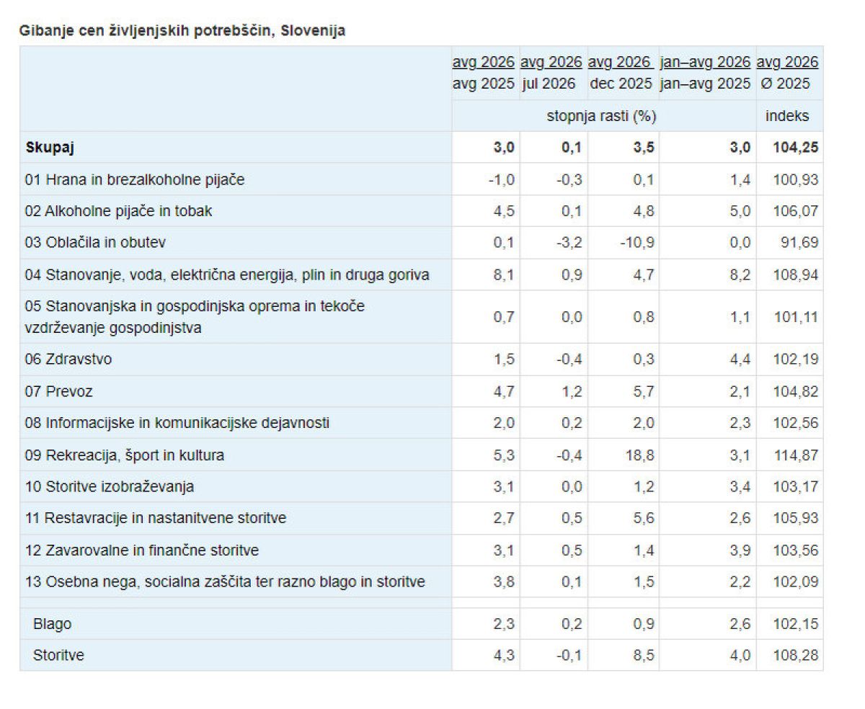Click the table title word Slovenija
tap(313, 31)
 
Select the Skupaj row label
tap(50, 147)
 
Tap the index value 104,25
tap(795, 147)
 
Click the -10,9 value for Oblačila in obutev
tap(637, 242)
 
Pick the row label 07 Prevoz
tap(58, 391)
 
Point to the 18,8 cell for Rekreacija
tap(639, 455)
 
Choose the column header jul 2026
tap(549, 84)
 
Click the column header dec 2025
tap(621, 84)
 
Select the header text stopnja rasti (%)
tap(601, 116)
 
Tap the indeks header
tap(787, 116)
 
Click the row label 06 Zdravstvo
tap(68, 360)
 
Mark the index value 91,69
tap(799, 242)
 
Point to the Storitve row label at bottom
tap(58, 655)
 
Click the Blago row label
tap(52, 624)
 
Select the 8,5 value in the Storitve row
tap(644, 655)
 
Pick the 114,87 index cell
tap(796, 455)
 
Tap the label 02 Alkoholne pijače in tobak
tap(118, 211)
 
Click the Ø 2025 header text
tap(786, 84)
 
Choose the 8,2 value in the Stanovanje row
tap(740, 275)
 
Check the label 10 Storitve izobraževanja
tap(110, 487)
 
